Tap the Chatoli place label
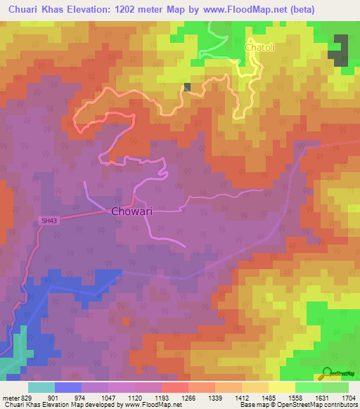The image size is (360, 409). coord(257,47)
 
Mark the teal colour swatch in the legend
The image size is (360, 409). coord(41,387)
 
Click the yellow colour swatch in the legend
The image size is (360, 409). coord(282,387)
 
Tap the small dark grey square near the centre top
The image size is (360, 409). coord(187,86)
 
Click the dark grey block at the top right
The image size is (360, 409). coord(341,49)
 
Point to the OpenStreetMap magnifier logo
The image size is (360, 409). coord(325,373)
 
